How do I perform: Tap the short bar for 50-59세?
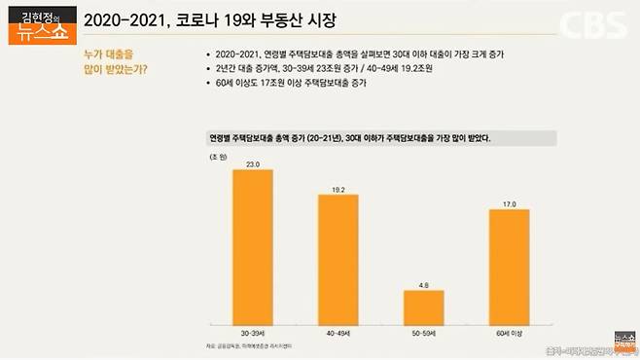click(423, 306)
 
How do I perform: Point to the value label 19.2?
click(338, 188)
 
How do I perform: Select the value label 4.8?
click(423, 284)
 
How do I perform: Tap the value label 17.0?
click(509, 202)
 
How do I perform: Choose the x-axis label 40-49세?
click(338, 333)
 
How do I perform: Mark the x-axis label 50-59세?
click(423, 333)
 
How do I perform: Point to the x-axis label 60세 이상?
click(509, 333)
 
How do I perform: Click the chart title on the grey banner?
click(349, 138)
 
